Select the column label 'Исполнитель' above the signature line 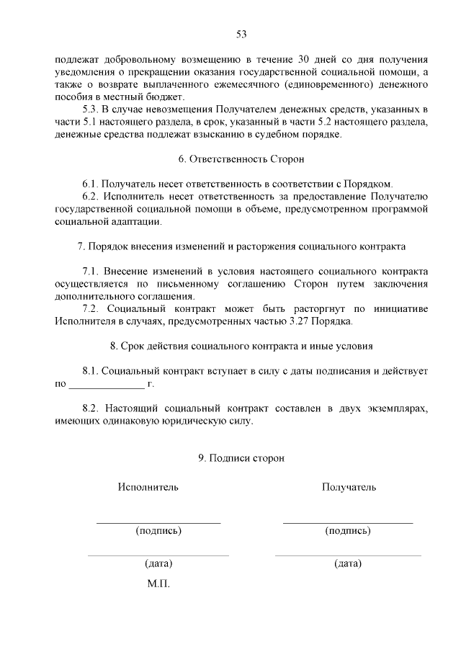click(148, 487)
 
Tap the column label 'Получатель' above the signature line click(349, 487)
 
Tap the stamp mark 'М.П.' click(158, 583)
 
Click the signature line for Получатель click(348, 522)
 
